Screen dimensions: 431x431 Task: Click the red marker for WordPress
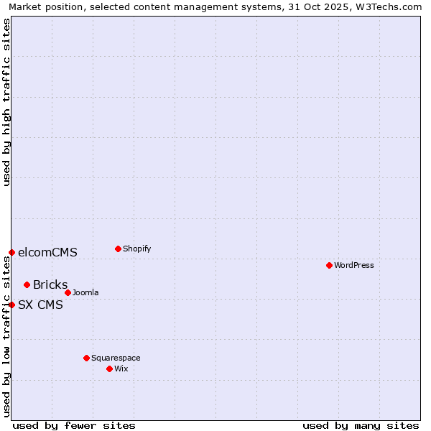tap(329, 265)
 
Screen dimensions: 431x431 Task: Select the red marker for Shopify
tap(118, 249)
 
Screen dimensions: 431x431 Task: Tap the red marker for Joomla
tap(68, 292)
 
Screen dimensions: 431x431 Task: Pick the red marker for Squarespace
tap(86, 358)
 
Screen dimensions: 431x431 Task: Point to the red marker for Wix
tap(109, 369)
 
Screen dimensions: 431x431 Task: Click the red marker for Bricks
tap(27, 284)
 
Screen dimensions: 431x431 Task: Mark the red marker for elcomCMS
tap(11, 252)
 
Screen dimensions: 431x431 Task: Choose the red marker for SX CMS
tap(11, 305)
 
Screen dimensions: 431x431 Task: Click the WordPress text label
tap(354, 265)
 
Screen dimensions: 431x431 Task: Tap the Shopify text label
tap(136, 249)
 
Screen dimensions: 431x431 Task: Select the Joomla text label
tap(85, 292)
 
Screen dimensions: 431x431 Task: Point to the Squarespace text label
tap(116, 358)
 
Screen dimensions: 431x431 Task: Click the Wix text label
tap(121, 369)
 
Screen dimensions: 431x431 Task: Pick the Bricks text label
tap(50, 284)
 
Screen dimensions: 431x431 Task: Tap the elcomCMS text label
tap(47, 252)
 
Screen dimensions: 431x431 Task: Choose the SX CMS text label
tap(40, 305)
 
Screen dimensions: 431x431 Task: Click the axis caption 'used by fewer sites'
tap(74, 425)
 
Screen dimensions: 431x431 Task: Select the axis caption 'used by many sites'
tap(361, 425)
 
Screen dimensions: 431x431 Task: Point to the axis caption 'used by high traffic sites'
tap(6, 102)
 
